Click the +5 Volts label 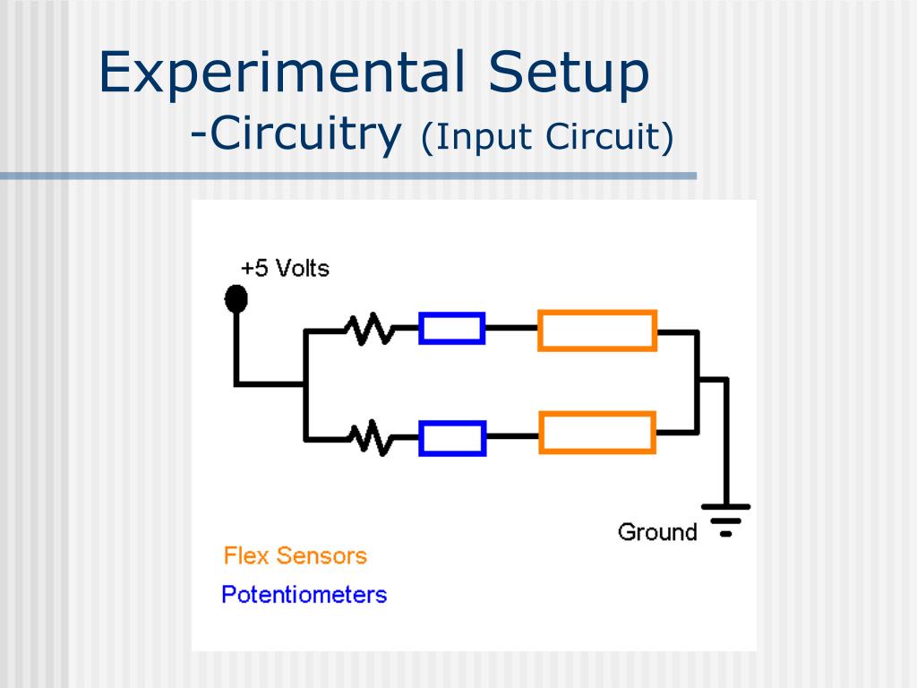pyautogui.click(x=285, y=268)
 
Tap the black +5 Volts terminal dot pyautogui.click(x=236, y=298)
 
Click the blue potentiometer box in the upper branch pyautogui.click(x=452, y=329)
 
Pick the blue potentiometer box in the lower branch pyautogui.click(x=452, y=438)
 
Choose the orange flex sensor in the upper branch pyautogui.click(x=597, y=330)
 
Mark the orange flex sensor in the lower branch pyautogui.click(x=597, y=432)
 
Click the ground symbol pyautogui.click(x=725, y=519)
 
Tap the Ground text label pyautogui.click(x=657, y=532)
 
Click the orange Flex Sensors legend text pyautogui.click(x=296, y=555)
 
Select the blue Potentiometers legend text pyautogui.click(x=304, y=594)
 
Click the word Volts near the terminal pyautogui.click(x=302, y=268)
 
